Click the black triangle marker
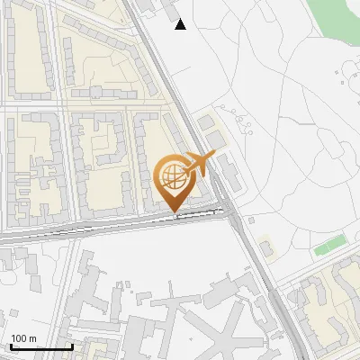[181, 24]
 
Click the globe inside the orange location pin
[172, 174]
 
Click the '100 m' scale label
[23, 338]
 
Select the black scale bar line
[40, 346]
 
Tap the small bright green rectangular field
[330, 244]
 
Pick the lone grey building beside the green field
[265, 245]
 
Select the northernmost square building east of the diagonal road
[206, 121]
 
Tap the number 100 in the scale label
[18, 338]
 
